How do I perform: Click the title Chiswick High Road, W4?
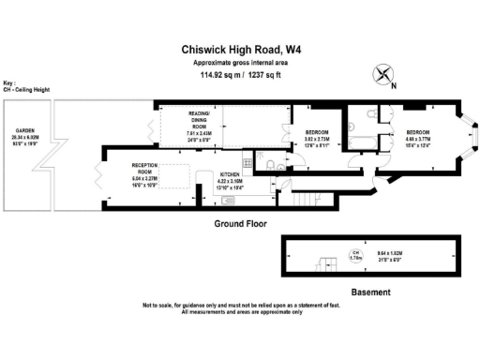point(239,52)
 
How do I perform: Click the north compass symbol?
point(383,73)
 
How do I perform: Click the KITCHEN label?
point(231,175)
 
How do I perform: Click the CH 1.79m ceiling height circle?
point(355,254)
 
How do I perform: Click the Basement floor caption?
point(370,292)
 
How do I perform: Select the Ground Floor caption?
point(241,224)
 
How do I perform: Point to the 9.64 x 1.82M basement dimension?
point(415,253)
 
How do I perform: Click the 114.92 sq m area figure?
point(215,74)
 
